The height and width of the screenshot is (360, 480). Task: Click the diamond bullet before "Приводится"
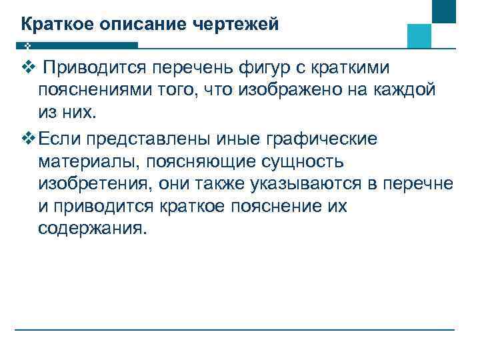pos(27,68)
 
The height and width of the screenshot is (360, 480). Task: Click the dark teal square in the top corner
pos(443,11)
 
